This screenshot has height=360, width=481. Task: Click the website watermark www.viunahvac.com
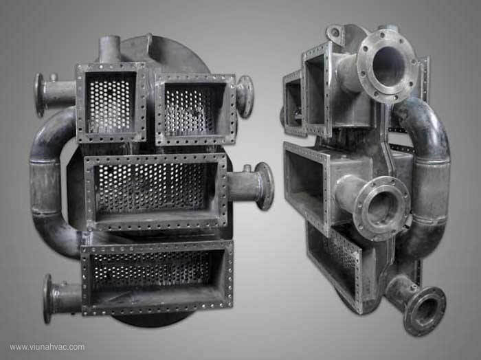47,347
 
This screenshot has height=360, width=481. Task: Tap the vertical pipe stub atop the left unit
109,49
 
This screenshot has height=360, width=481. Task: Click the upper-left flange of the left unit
40,95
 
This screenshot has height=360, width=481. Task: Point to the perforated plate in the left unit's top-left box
109,104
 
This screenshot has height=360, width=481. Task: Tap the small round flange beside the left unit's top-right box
245,97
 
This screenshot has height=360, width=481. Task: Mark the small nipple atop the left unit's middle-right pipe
247,168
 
